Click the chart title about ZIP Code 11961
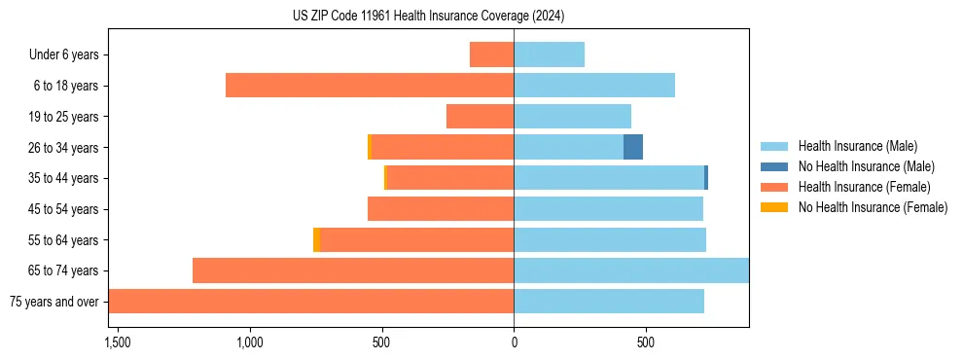point(428,17)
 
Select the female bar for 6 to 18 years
point(370,86)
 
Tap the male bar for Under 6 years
point(549,54)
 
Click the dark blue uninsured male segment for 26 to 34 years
point(633,147)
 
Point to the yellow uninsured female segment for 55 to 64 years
point(317,239)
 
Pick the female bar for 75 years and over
point(311,301)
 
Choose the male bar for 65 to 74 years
point(631,270)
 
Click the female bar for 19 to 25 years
point(480,117)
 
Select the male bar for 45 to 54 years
point(608,208)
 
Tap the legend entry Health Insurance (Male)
point(857,146)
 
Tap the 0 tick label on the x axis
point(514,342)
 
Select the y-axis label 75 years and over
point(53,302)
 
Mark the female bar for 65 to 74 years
point(353,270)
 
